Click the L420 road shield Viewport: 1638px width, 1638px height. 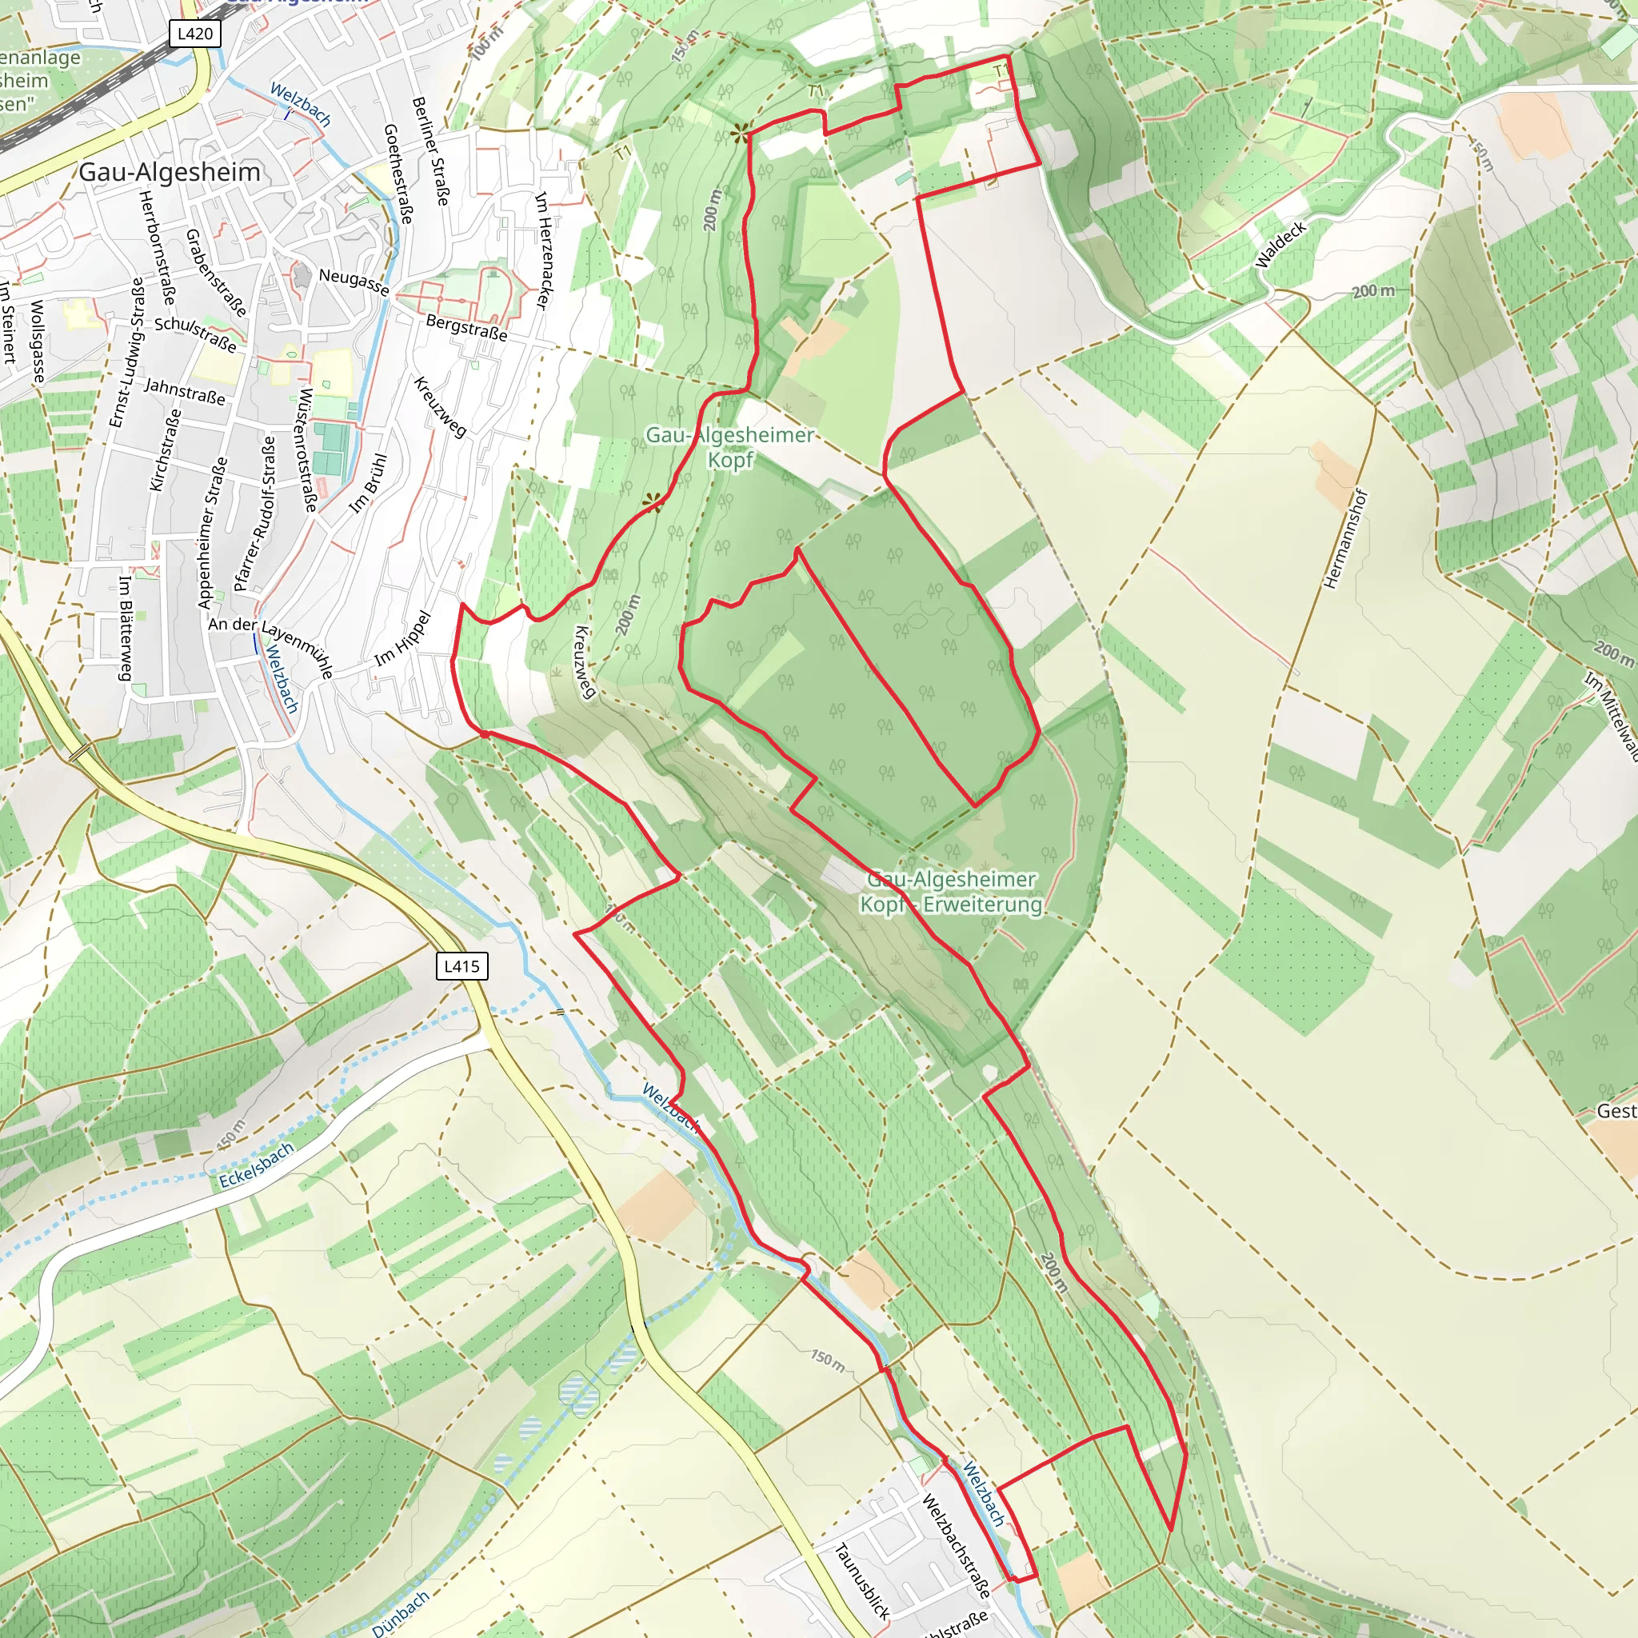pos(195,34)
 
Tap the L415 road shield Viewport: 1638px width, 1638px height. pos(461,965)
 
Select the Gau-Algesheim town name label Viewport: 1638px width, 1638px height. pos(170,172)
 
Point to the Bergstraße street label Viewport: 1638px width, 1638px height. pos(466,327)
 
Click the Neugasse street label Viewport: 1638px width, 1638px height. pos(354,282)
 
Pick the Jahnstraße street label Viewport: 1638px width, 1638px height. pos(185,392)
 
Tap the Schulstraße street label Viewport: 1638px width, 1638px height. pos(195,334)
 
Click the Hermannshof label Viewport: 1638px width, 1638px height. pos(1345,539)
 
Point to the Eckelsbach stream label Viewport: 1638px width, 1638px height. pos(256,1165)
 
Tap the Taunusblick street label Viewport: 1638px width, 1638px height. pos(862,1581)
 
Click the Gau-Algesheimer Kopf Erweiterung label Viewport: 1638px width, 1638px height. pos(951,892)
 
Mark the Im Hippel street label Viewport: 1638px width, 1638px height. pos(403,638)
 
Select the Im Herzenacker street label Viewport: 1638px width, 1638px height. pos(543,251)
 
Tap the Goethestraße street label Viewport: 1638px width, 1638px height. pos(398,174)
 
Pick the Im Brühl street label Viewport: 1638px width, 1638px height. pos(369,483)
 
